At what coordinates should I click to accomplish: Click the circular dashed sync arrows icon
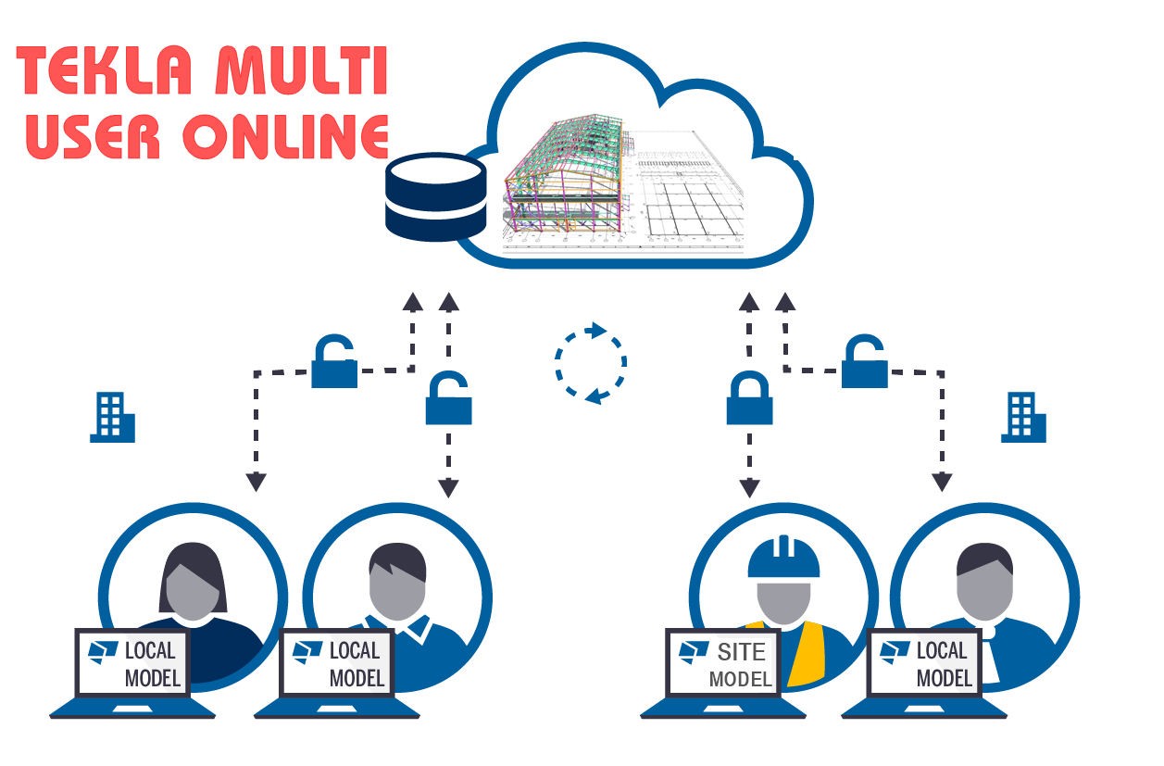coord(590,363)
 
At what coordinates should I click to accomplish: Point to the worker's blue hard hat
coord(783,557)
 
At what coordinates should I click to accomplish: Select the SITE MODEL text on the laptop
coord(741,664)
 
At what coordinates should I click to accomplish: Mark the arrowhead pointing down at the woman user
coord(256,482)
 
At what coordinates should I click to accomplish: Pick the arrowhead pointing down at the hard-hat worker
coord(749,487)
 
